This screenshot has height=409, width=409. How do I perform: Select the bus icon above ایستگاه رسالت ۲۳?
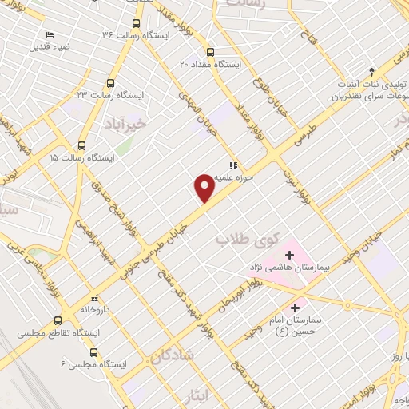tap(109, 82)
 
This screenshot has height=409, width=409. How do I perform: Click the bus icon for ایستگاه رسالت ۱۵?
tap(81, 145)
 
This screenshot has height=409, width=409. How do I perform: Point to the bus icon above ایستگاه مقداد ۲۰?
tap(210, 50)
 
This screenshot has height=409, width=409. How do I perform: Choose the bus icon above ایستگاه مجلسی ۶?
tap(94, 352)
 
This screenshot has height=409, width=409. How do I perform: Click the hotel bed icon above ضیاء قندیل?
tap(50, 34)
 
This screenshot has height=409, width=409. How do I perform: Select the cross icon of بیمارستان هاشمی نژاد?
tap(289, 256)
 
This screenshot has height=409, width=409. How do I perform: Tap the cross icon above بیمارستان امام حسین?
tap(296, 307)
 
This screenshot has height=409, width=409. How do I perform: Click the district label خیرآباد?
tap(125, 125)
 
